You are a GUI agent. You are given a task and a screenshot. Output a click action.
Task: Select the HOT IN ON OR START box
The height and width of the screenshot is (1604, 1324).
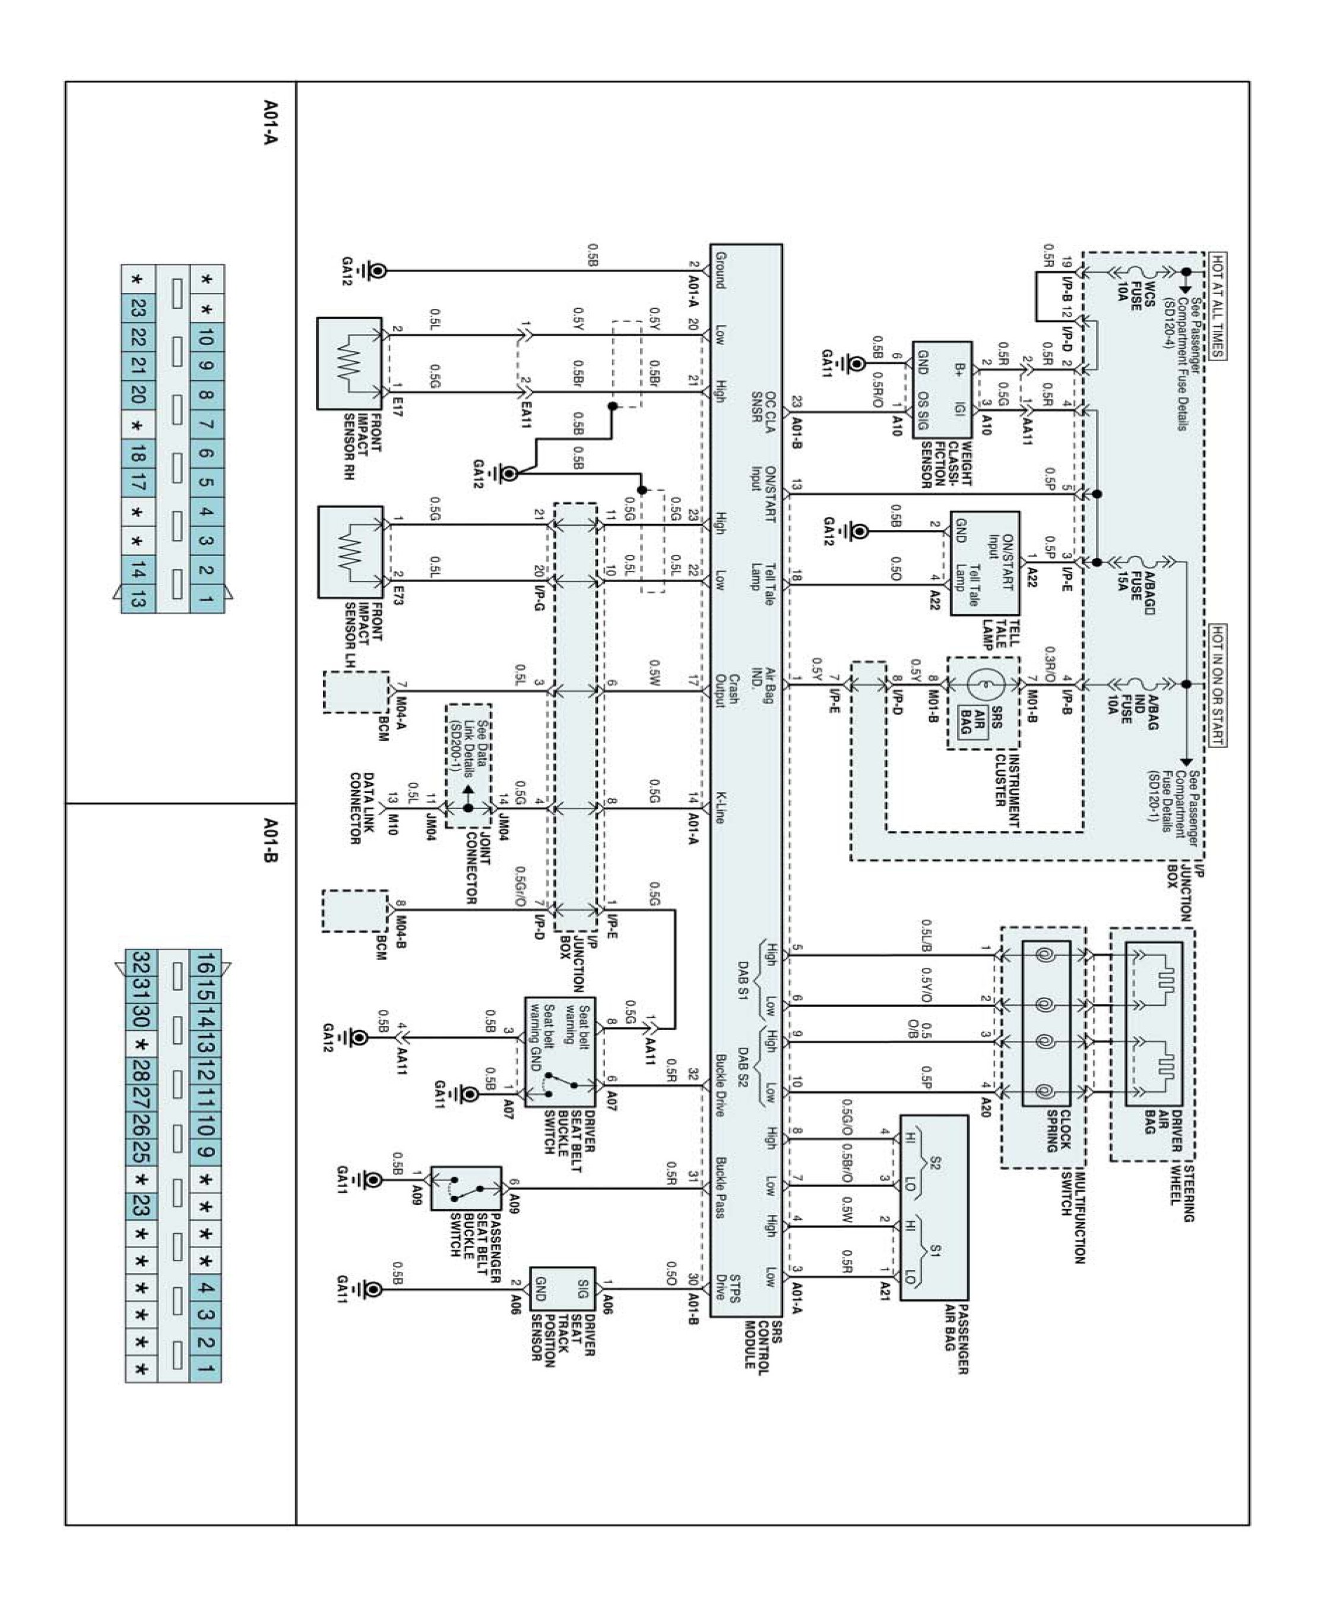[1217, 684]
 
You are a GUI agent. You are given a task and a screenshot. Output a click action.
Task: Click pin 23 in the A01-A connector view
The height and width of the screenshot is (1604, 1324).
[138, 308]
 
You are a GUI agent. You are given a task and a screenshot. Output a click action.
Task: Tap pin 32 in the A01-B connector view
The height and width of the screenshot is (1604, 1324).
[140, 962]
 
